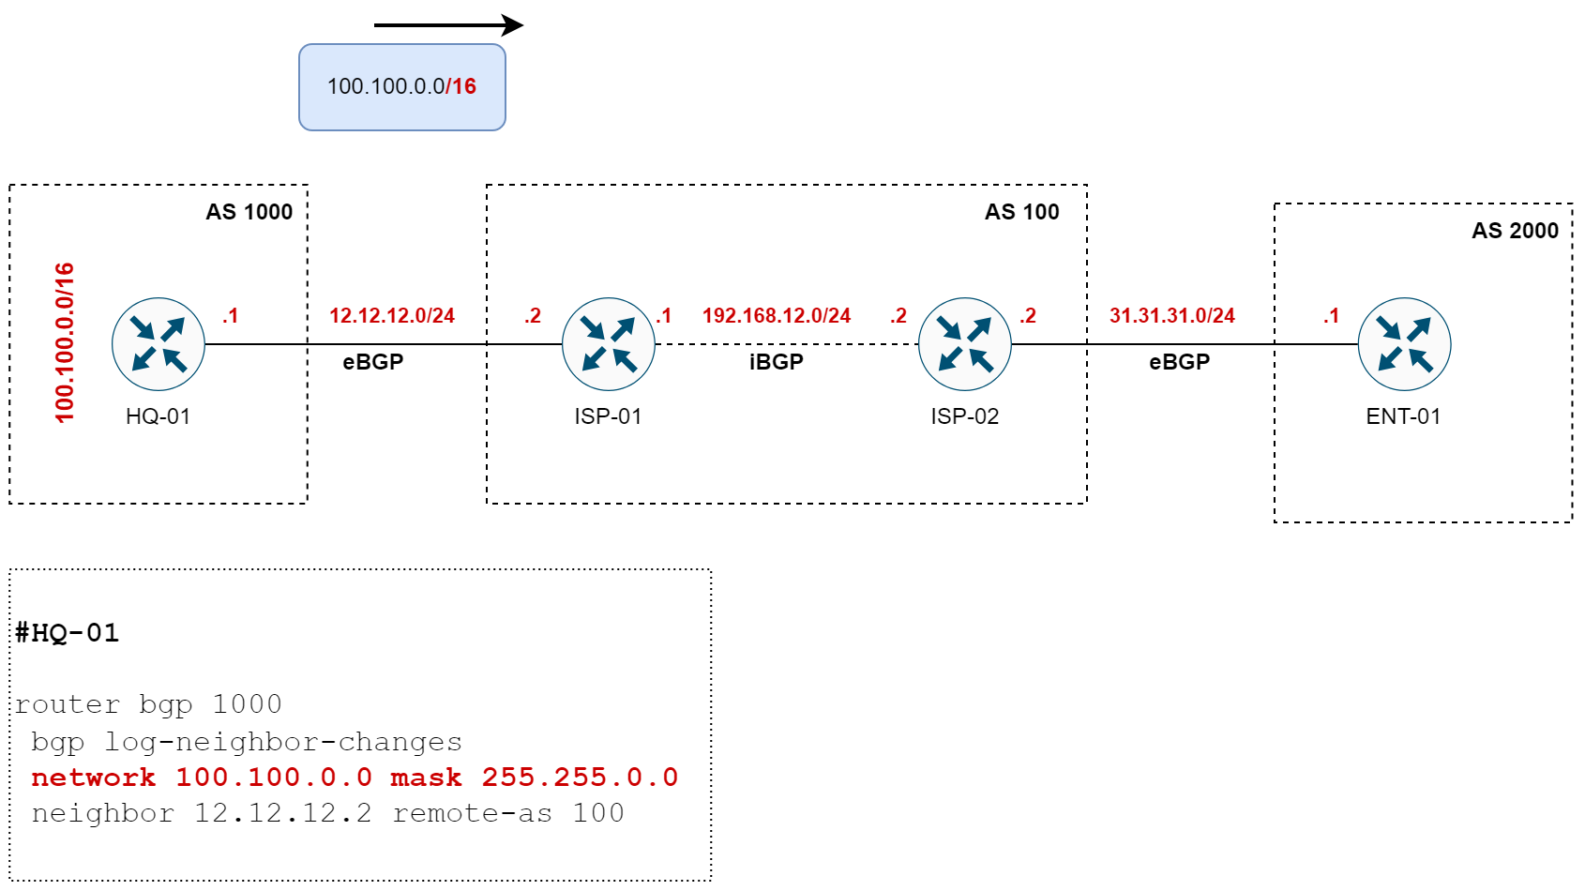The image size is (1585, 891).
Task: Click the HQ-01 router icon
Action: pos(158,344)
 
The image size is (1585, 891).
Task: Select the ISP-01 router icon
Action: pos(609,344)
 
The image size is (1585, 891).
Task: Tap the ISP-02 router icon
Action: pos(965,344)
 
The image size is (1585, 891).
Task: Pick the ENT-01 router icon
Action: pos(1405,344)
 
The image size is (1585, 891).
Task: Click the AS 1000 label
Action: pos(249,212)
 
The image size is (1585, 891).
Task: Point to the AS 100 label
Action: pos(1021,212)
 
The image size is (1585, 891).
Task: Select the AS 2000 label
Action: pos(1515,231)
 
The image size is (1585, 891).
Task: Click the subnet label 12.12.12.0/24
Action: pos(392,316)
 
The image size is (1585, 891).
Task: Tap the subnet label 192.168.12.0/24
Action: pos(777,316)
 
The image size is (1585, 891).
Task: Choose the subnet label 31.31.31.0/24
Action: pos(1172,316)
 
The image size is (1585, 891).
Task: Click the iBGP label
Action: pos(777,362)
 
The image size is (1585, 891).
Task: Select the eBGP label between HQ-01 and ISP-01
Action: pos(373,362)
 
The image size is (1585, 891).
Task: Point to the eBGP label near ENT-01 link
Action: pos(1180,362)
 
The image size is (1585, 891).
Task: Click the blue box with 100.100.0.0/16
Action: pos(402,87)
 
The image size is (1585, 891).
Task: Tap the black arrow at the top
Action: pos(448,25)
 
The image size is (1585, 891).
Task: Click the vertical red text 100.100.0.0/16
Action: pos(65,343)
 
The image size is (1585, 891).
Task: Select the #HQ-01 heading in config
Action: pos(68,633)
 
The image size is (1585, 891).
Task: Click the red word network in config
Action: pos(94,778)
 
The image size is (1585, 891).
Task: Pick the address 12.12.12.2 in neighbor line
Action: pos(282,813)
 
